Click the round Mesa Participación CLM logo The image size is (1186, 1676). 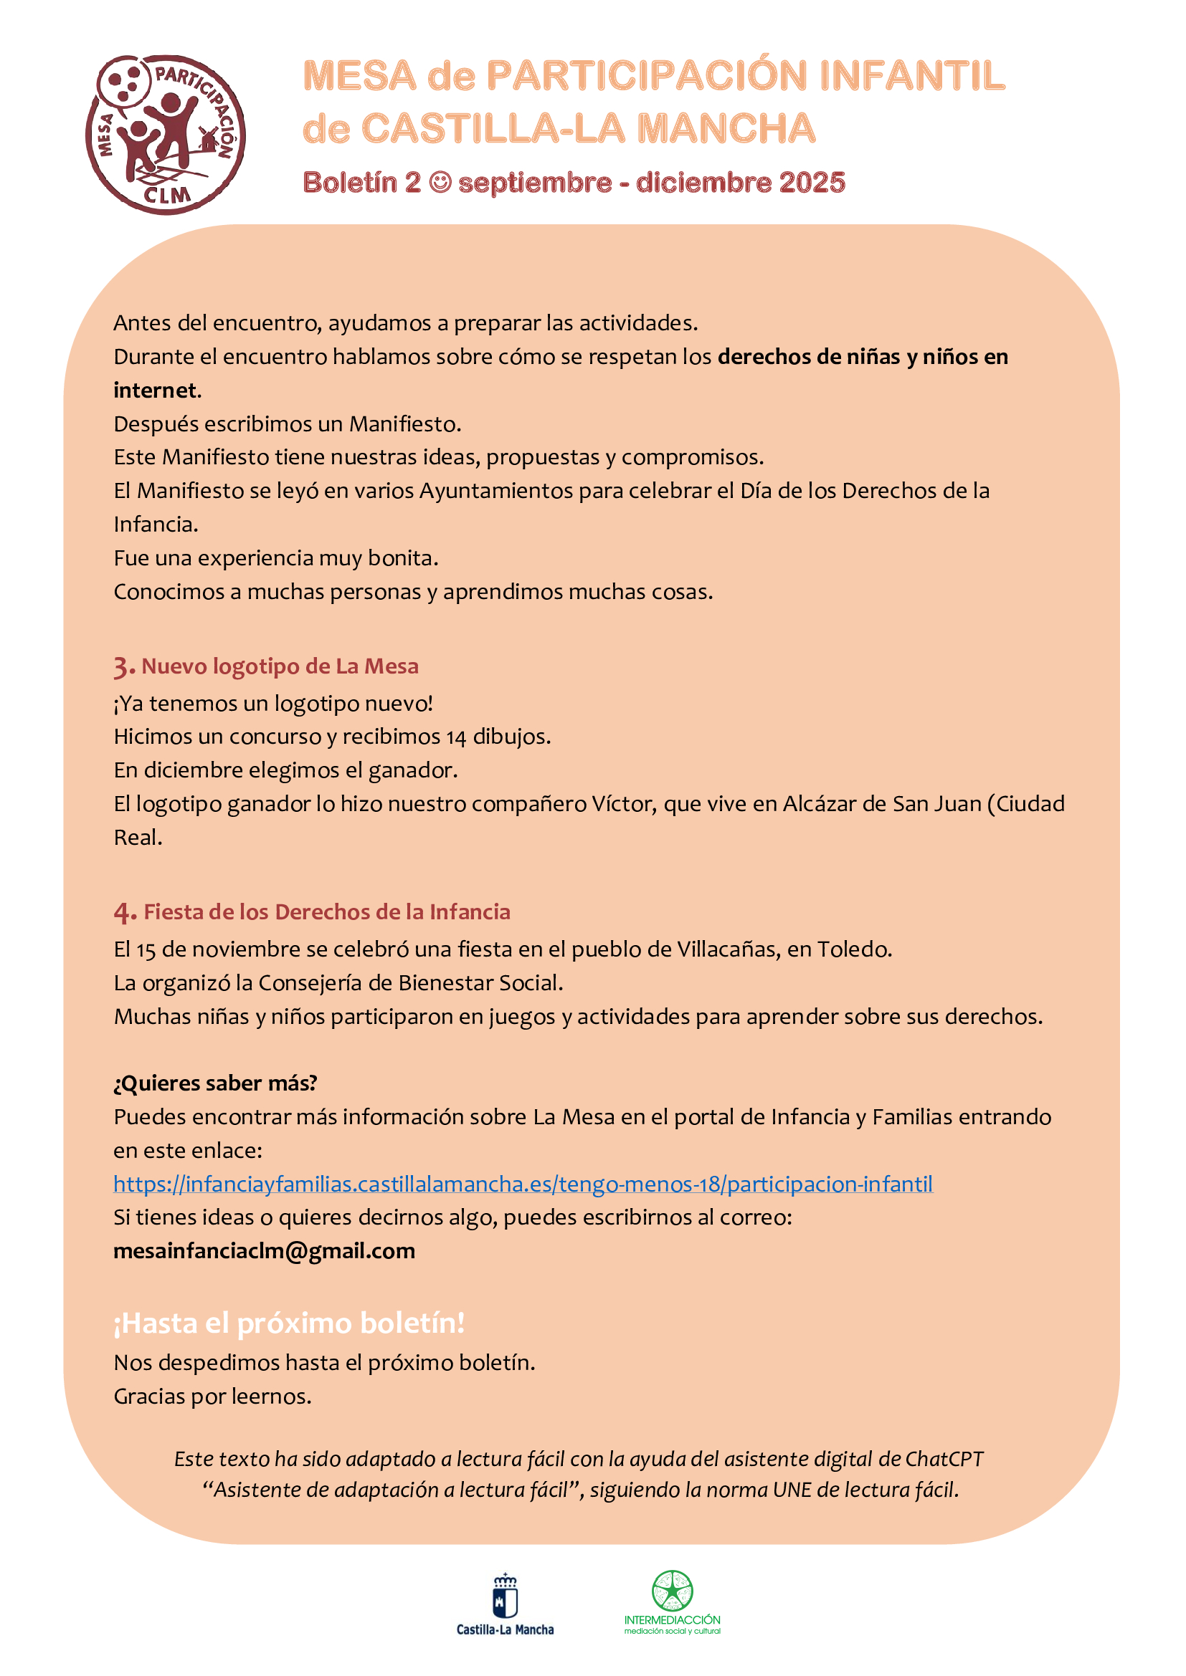pyautogui.click(x=166, y=135)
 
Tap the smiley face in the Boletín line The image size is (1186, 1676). pyautogui.click(x=440, y=183)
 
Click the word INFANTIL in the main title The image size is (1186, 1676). pyautogui.click(x=912, y=76)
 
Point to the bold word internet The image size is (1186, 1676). pyautogui.click(x=156, y=391)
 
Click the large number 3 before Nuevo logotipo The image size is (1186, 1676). pyautogui.click(x=123, y=667)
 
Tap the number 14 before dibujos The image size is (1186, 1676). pyautogui.click(x=456, y=737)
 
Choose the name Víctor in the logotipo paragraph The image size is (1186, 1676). pyautogui.click(x=623, y=804)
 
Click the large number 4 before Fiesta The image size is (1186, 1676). pyautogui.click(x=124, y=912)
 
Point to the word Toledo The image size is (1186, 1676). pyautogui.click(x=853, y=949)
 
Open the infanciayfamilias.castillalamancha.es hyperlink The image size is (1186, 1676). pyautogui.click(x=523, y=1184)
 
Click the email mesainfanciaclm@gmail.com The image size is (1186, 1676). pyautogui.click(x=265, y=1251)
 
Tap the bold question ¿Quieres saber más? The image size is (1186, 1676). pyautogui.click(x=215, y=1083)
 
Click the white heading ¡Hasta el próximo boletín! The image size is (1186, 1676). pyautogui.click(x=289, y=1323)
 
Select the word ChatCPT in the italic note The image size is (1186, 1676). pyautogui.click(x=944, y=1459)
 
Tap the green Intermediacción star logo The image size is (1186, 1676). pyautogui.click(x=672, y=1591)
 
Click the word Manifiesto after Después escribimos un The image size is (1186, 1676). pyautogui.click(x=404, y=424)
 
